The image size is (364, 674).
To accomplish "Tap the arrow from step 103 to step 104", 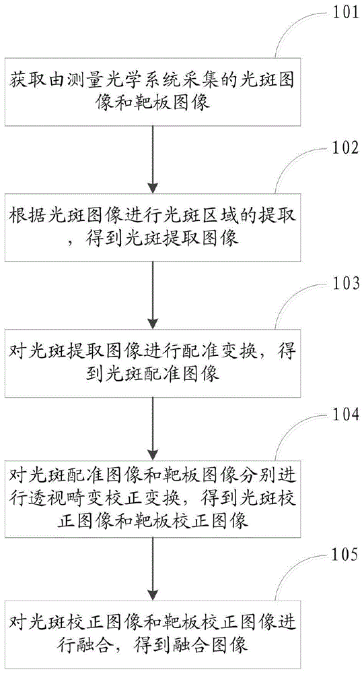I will [x=154, y=427].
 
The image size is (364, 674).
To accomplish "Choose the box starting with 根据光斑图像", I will [x=154, y=228].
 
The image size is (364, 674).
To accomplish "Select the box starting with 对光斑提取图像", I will [x=154, y=361].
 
